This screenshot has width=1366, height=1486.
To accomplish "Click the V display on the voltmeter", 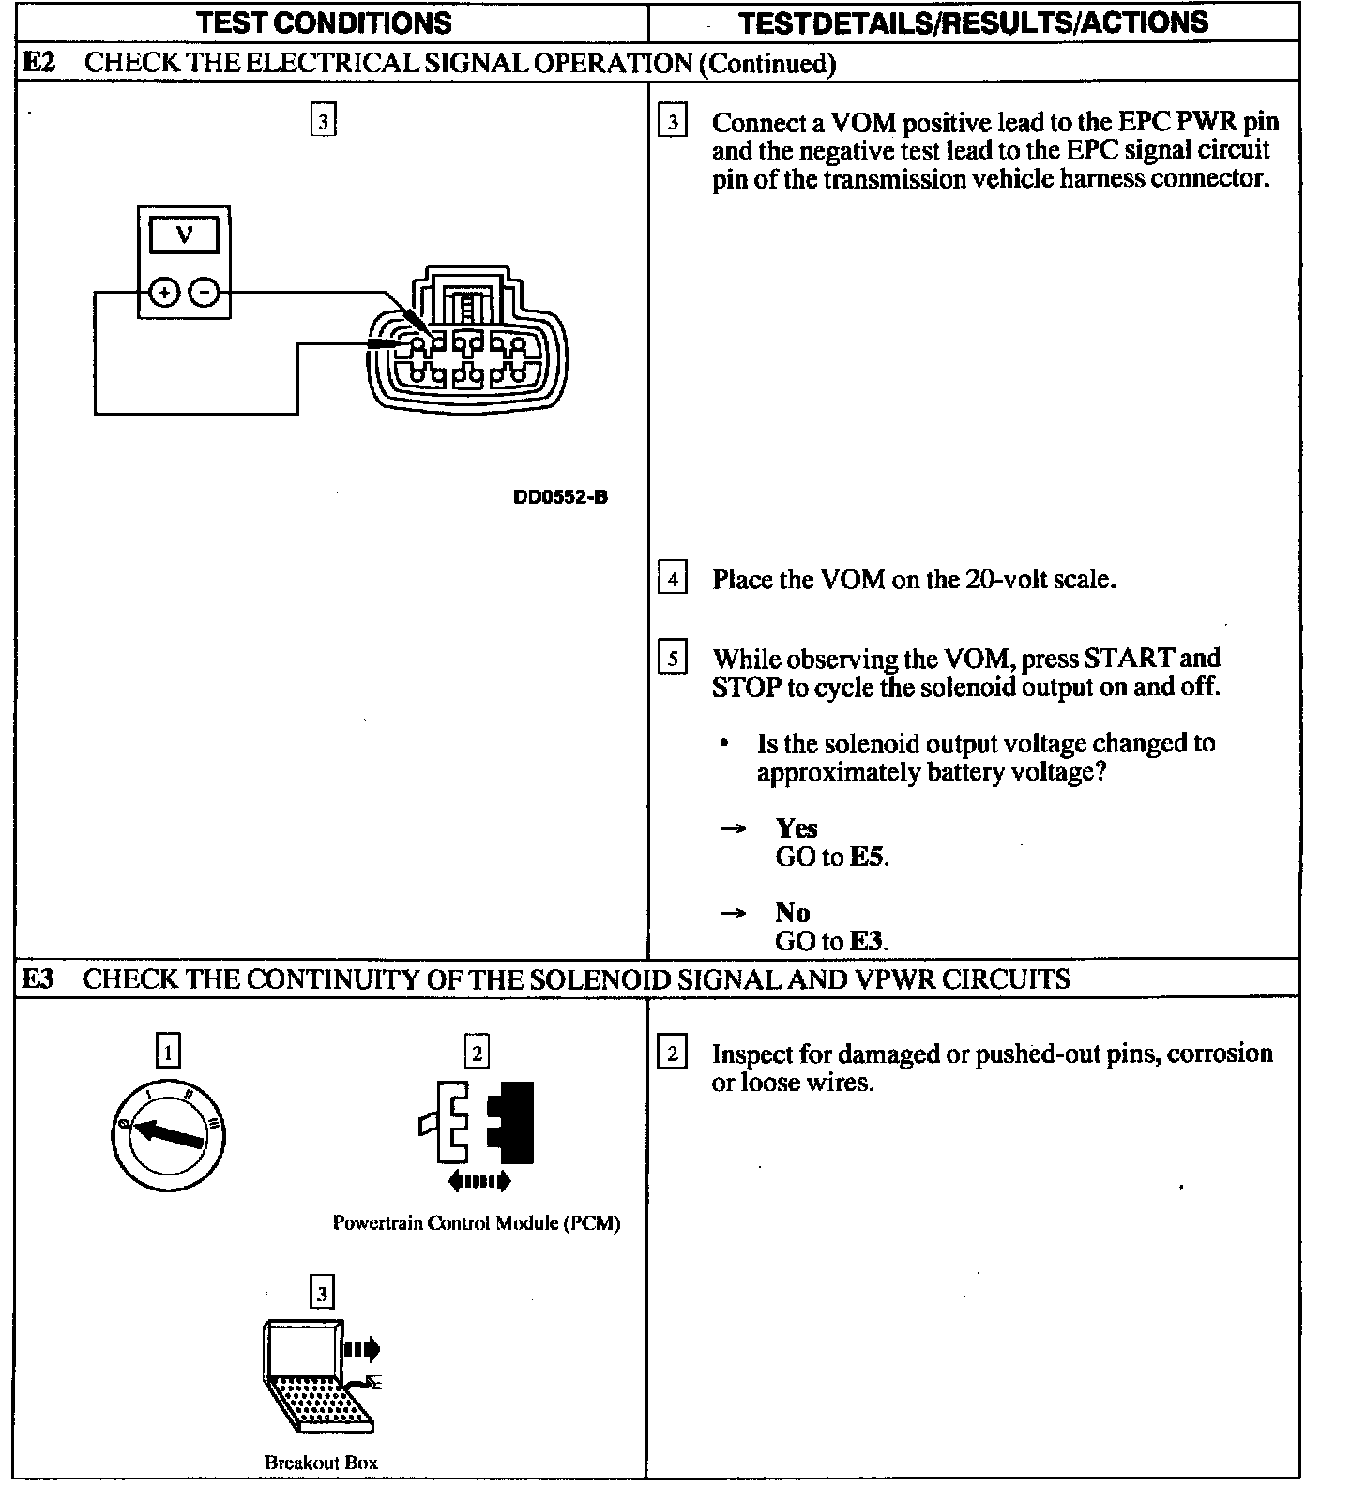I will click(x=184, y=235).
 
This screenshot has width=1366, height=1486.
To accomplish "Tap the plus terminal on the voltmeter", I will click(x=165, y=294).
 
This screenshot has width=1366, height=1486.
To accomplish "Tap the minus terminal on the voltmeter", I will click(x=204, y=294).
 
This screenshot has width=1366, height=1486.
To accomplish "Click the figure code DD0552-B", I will click(x=560, y=497).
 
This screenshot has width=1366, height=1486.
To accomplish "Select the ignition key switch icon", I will click(x=168, y=1134).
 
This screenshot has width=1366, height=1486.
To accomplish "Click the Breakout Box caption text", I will click(x=321, y=1462).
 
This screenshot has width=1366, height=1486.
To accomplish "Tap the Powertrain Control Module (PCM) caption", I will click(x=477, y=1223).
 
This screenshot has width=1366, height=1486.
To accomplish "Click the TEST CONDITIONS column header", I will click(x=325, y=23).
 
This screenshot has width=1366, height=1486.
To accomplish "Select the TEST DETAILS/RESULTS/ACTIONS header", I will click(x=973, y=23).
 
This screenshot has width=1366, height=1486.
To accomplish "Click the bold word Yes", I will click(x=797, y=828).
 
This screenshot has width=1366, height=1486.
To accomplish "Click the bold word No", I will click(x=792, y=912).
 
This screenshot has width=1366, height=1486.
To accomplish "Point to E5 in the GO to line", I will click(x=867, y=857).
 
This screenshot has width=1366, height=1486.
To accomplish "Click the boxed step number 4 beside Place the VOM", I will click(x=673, y=579).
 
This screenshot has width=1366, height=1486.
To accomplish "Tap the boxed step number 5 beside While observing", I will click(x=673, y=658).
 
